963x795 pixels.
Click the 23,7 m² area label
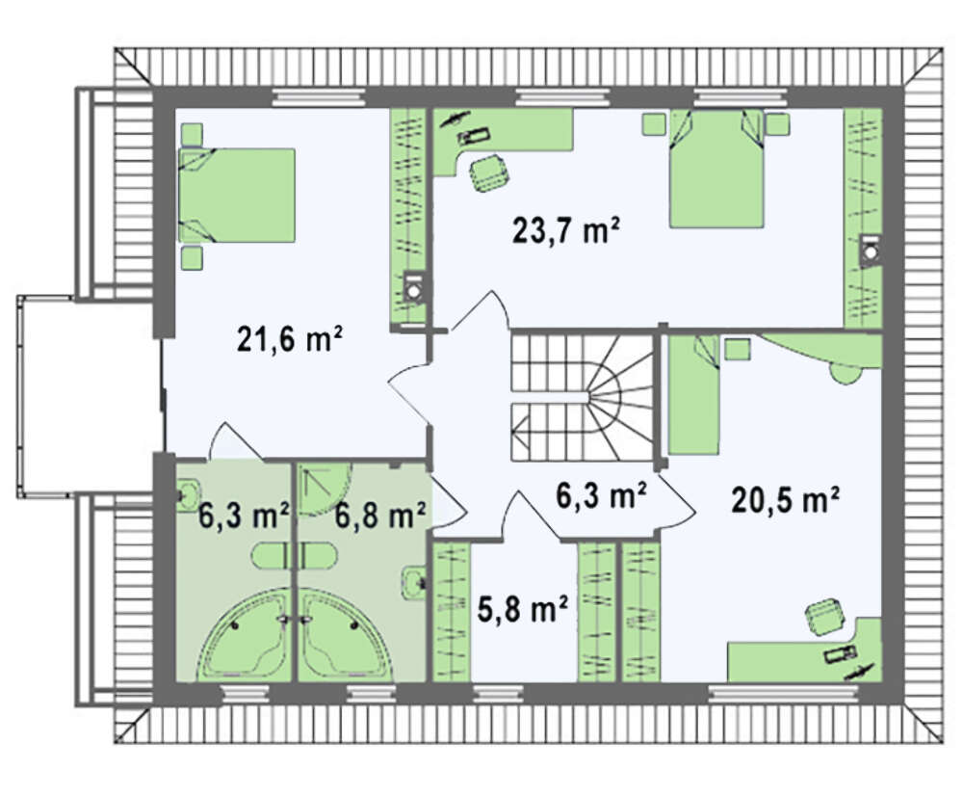click(x=565, y=231)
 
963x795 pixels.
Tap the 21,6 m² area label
click(x=289, y=338)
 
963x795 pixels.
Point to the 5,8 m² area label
click(x=522, y=609)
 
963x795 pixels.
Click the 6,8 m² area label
click(x=380, y=515)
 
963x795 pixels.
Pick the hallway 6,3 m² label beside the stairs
click(x=601, y=495)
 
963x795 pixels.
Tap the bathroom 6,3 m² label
click(x=244, y=515)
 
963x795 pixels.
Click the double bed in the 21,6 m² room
click(x=237, y=195)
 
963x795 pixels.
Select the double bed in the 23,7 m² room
click(x=716, y=169)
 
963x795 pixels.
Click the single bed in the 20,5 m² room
click(x=694, y=395)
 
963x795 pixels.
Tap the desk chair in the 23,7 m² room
click(x=489, y=172)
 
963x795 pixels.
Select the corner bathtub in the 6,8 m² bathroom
click(x=347, y=635)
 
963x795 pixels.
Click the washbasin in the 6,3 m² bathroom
click(x=188, y=494)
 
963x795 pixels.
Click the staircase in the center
click(x=582, y=397)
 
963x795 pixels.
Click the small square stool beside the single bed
click(x=737, y=349)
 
